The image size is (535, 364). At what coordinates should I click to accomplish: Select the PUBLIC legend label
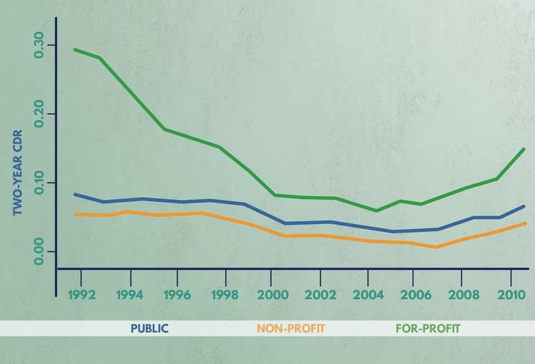pyautogui.click(x=149, y=328)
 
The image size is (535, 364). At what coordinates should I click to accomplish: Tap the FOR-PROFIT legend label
pyautogui.click(x=428, y=328)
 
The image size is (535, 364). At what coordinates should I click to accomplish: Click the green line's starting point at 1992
pyautogui.click(x=75, y=50)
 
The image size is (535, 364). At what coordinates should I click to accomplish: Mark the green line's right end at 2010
pyautogui.click(x=524, y=149)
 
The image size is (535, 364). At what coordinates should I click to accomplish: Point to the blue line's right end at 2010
pyautogui.click(x=524, y=206)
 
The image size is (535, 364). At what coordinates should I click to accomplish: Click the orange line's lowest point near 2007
pyautogui.click(x=436, y=247)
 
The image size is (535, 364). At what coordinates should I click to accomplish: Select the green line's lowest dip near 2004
pyautogui.click(x=377, y=211)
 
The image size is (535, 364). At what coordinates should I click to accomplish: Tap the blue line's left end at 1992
pyautogui.click(x=75, y=194)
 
